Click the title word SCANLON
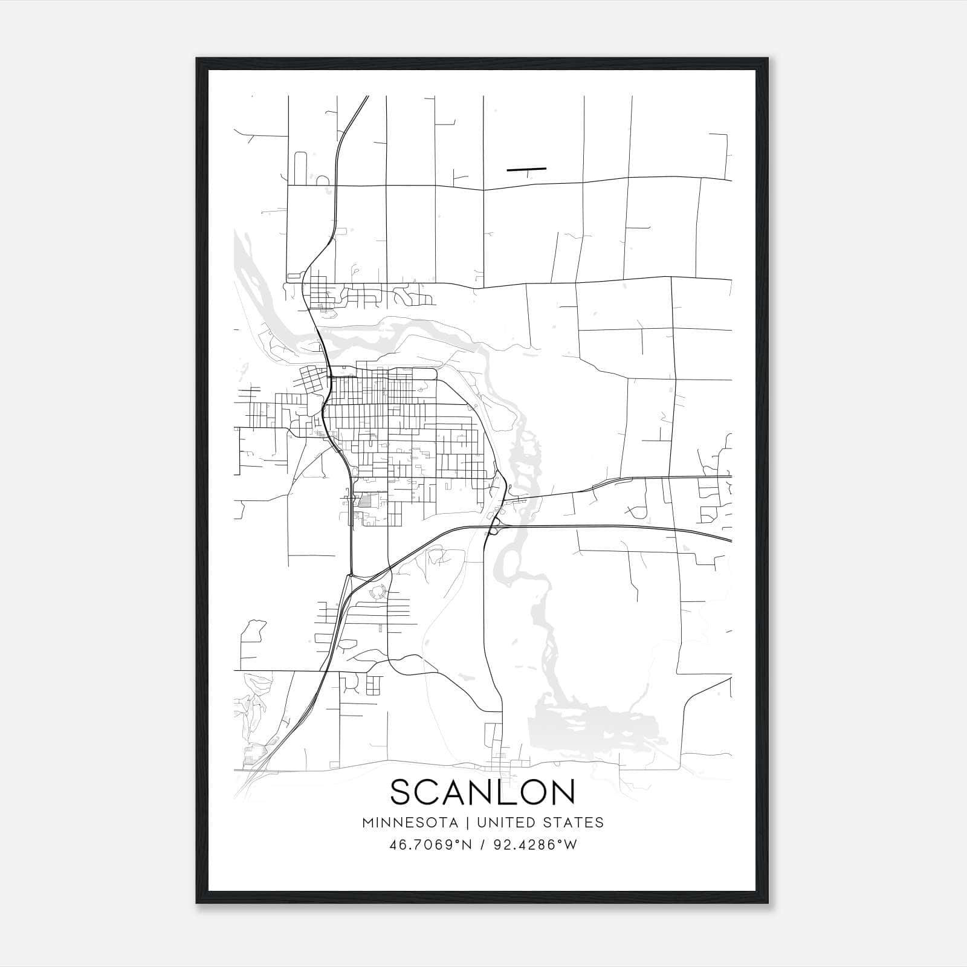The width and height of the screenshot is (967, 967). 482,792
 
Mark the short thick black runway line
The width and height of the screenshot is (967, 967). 526,169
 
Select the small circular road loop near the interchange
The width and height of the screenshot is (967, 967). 378,592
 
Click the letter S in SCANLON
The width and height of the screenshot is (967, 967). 404,792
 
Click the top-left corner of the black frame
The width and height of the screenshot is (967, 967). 198,59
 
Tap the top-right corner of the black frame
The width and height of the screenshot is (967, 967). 767,59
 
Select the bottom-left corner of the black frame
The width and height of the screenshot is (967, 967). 198,902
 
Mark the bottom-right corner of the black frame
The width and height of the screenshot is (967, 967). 767,902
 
